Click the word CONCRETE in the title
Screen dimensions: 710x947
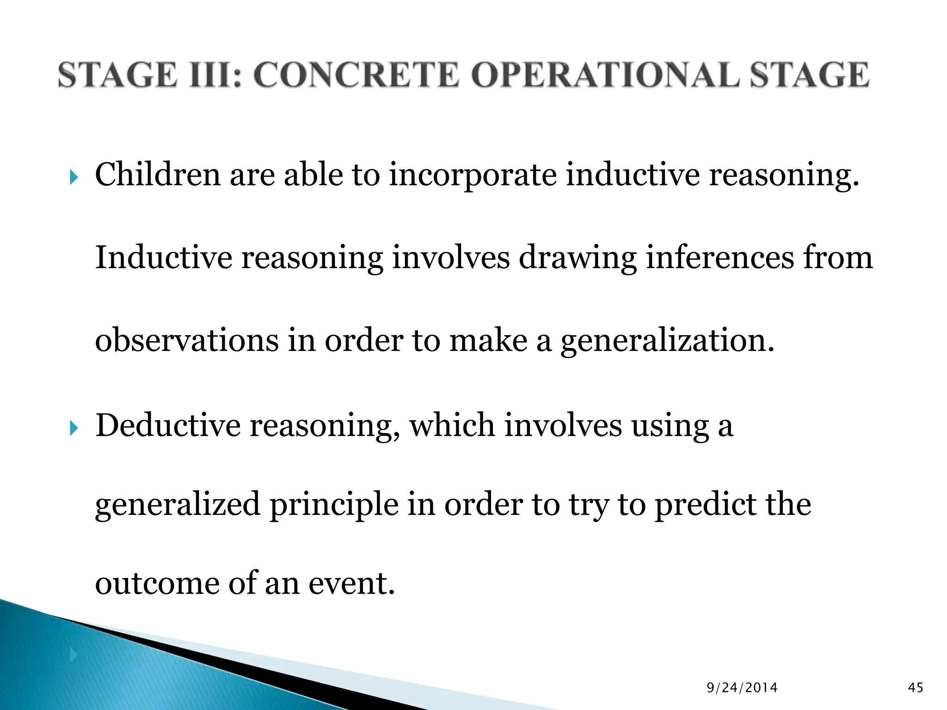(356, 75)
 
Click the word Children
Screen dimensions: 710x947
(158, 175)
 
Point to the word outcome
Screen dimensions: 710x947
(157, 583)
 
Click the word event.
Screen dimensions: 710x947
(352, 583)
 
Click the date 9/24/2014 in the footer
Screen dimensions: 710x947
(742, 688)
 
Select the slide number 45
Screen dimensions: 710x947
(916, 688)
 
